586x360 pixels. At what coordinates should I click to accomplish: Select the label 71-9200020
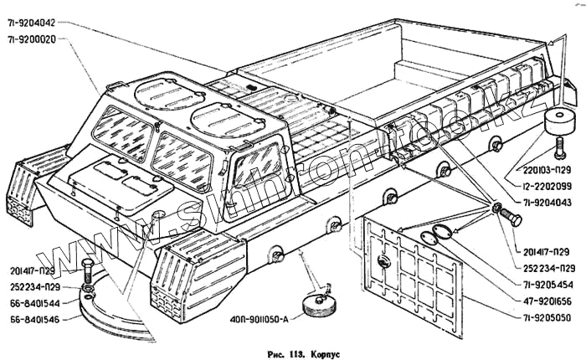tap(35, 39)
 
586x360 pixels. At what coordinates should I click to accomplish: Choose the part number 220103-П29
tap(545, 167)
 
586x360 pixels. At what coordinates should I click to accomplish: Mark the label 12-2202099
tap(545, 185)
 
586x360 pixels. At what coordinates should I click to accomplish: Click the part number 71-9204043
tap(545, 203)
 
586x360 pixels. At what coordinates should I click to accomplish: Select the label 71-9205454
tap(545, 283)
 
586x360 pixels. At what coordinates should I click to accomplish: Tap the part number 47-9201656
tap(545, 301)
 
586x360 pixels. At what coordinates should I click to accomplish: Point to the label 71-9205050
tap(545, 318)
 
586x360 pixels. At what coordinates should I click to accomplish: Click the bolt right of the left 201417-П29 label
tap(87, 274)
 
